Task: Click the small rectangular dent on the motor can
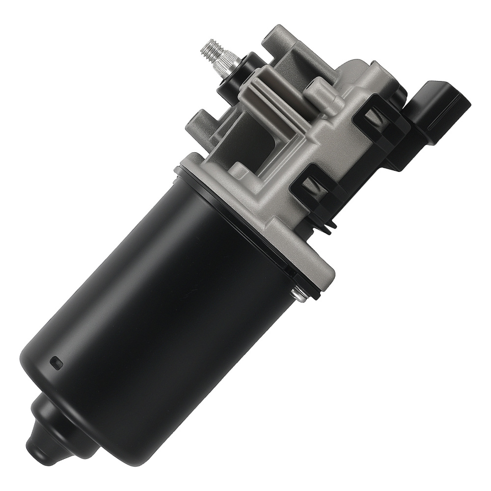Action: pyautogui.click(x=55, y=363)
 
